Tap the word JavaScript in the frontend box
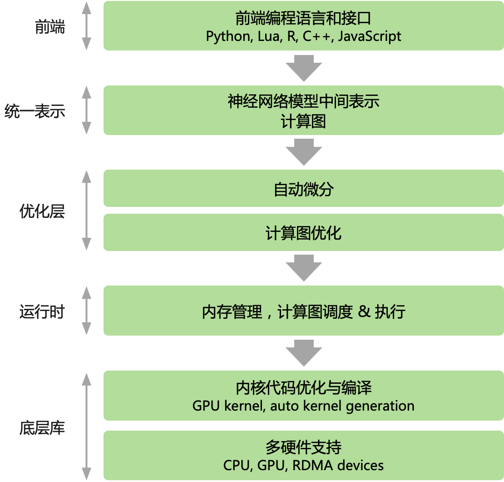(370, 36)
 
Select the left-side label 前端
(50, 28)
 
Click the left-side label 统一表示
(35, 111)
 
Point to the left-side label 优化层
(42, 211)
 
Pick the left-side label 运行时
(42, 312)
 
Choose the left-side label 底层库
(42, 428)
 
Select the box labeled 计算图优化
(303, 233)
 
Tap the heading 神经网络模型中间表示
(303, 101)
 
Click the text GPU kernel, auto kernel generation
(303, 406)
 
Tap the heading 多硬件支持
(303, 447)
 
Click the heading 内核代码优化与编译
(303, 387)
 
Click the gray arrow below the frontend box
(304, 68)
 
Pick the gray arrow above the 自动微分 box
(304, 152)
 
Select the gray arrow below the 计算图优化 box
(304, 268)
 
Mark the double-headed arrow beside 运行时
(86, 311)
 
